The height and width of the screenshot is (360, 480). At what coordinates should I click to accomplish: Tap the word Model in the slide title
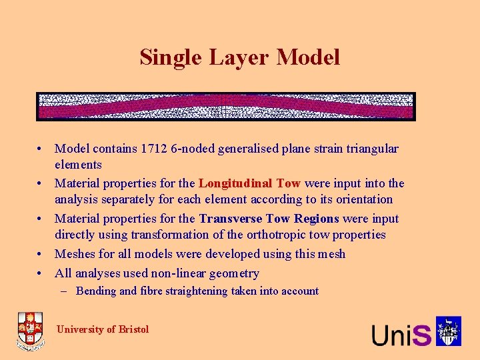[308, 57]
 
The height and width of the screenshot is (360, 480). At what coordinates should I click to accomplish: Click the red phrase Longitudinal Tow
[249, 183]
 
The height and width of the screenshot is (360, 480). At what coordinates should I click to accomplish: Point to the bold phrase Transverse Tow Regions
[269, 219]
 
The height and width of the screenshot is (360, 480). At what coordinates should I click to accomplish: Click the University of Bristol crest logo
[31, 331]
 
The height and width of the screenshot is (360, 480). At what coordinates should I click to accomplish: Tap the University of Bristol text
[103, 329]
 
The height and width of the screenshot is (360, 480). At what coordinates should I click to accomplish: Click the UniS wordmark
[401, 334]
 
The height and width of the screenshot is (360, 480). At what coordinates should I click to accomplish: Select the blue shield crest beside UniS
[449, 331]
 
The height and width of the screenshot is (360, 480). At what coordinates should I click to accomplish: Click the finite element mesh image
[226, 107]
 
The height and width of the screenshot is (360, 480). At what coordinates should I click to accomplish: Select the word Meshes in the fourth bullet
[75, 254]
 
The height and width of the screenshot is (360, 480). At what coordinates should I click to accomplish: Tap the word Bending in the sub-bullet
[96, 291]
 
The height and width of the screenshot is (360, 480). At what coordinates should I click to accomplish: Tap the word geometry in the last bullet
[236, 273]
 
